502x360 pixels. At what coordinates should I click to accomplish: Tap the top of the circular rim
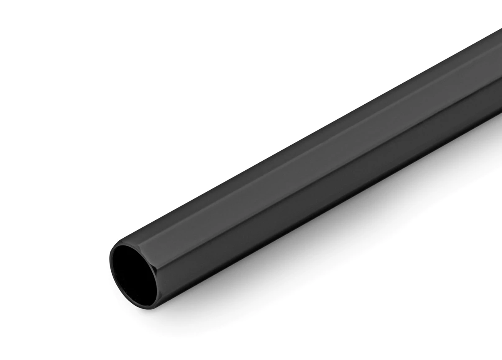[134, 239]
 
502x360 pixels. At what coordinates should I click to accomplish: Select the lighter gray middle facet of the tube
[293, 159]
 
